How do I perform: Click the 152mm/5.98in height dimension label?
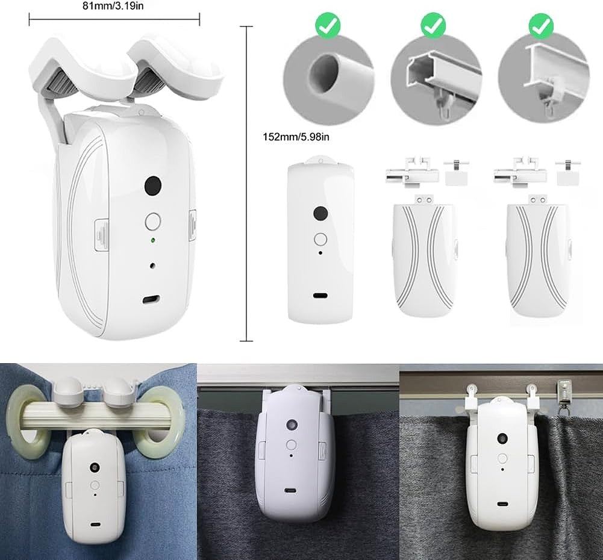[296, 137]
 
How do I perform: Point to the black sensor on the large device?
[154, 185]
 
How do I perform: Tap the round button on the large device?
[154, 221]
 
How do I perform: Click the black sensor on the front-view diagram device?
[320, 214]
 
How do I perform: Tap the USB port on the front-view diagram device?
[320, 296]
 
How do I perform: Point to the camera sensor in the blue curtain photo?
[95, 467]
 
